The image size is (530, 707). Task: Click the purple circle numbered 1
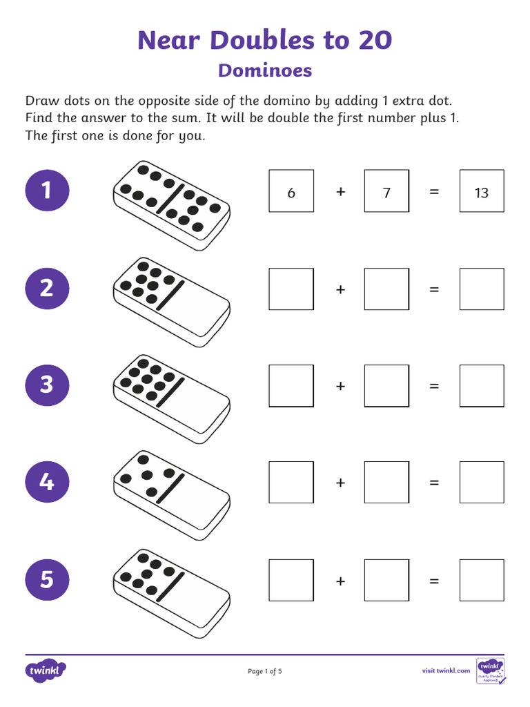pyautogui.click(x=47, y=190)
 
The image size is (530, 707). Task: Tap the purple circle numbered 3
pyautogui.click(x=47, y=384)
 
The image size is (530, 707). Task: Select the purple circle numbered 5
pyautogui.click(x=47, y=579)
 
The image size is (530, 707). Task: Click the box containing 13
pyautogui.click(x=482, y=191)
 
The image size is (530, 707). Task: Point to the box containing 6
pyautogui.click(x=291, y=191)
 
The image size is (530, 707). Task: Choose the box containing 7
pyautogui.click(x=386, y=191)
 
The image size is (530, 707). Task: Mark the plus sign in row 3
pyautogui.click(x=340, y=386)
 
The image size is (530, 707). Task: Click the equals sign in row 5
pyautogui.click(x=434, y=581)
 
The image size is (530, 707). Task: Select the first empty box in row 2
pyautogui.click(x=291, y=289)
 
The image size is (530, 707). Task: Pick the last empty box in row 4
pyautogui.click(x=482, y=483)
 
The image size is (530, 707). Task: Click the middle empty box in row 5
pyautogui.click(x=386, y=580)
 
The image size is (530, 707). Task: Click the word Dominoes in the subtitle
pyautogui.click(x=265, y=70)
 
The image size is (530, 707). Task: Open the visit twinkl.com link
pyautogui.click(x=446, y=670)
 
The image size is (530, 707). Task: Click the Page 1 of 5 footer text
pyautogui.click(x=265, y=671)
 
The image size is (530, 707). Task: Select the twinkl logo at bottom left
pyautogui.click(x=46, y=670)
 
